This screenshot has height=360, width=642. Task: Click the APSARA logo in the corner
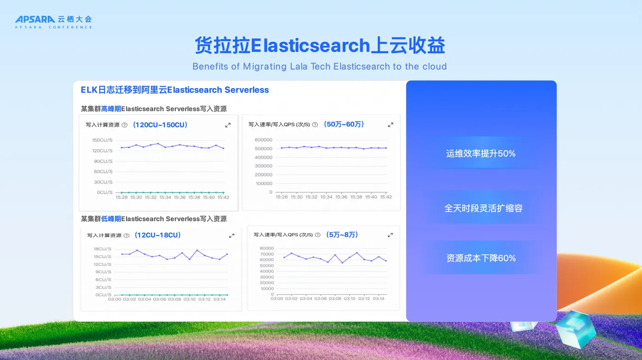coord(53,22)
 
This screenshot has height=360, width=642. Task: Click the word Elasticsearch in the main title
coord(310,45)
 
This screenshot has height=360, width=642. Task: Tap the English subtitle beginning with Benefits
coord(320,66)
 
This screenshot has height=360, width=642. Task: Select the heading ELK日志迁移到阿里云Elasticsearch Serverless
coord(175,90)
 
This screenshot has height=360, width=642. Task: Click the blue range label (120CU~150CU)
coord(160,125)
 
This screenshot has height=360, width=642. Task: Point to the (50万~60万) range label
coord(344,124)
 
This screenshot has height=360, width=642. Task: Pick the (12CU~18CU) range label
coord(158,235)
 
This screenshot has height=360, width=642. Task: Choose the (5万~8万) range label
coord(342,235)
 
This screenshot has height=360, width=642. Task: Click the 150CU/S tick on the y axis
coord(102,140)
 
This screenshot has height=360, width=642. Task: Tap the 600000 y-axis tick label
coord(263,140)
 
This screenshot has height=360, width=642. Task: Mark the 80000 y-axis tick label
coord(267,248)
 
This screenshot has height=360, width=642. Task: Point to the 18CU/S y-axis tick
coord(102,249)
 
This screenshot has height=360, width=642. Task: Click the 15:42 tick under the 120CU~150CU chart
coord(223,198)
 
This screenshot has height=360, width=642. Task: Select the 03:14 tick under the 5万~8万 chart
coord(379,299)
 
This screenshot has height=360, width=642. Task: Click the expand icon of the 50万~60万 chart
coord(390,125)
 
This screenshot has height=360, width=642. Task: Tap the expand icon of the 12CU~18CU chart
coord(232,236)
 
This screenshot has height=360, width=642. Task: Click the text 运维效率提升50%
coord(481,154)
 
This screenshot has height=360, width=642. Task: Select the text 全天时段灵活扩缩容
coord(483,208)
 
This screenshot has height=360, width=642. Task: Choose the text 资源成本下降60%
coord(481,258)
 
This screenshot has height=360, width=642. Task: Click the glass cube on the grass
coord(576,329)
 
